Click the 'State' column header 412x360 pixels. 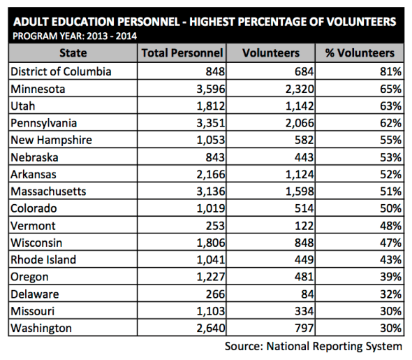coord(73,53)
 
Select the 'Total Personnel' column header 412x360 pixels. coord(182,53)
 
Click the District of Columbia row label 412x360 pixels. coord(61,71)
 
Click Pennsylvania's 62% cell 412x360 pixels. coord(389,122)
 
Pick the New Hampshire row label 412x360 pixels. coord(52,140)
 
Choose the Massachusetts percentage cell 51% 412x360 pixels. coord(389,191)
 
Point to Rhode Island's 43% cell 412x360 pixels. coord(389,259)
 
